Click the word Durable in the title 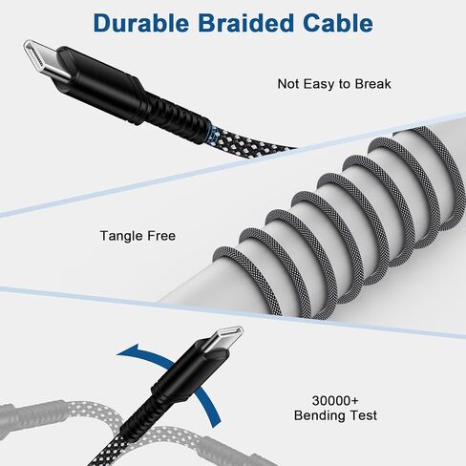click(141, 23)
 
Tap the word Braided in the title click(245, 23)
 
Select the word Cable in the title click(338, 23)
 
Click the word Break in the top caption click(372, 84)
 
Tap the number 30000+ click(335, 401)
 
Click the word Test click(364, 415)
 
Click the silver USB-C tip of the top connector click(45, 59)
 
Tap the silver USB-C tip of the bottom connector click(224, 338)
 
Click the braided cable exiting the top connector click(248, 140)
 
